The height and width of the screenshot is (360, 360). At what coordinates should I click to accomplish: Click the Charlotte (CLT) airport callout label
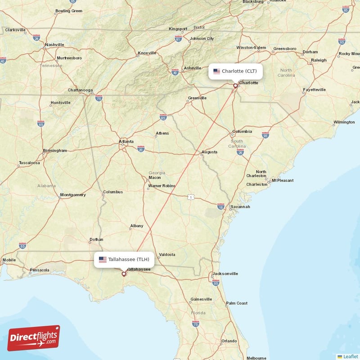pos(235,71)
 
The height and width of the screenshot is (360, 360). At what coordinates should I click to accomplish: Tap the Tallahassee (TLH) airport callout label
pos(125,260)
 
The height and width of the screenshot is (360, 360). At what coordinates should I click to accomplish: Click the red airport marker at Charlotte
pos(235,85)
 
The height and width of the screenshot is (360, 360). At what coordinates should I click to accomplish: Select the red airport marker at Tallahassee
pos(124,273)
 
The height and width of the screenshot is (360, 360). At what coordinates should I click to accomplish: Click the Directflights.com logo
pos(34,338)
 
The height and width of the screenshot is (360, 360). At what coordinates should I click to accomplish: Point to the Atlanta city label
pos(126,141)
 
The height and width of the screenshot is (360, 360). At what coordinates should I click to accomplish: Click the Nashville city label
pos(54,45)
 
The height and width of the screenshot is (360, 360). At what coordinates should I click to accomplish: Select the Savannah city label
pos(240,207)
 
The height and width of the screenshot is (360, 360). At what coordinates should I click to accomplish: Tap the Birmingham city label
pos(55,150)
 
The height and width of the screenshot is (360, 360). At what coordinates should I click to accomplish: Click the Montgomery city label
pos(72,195)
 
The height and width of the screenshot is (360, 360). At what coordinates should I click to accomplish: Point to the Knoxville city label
pos(147,53)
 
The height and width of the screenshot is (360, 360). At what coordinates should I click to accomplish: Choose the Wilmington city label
pos(344,122)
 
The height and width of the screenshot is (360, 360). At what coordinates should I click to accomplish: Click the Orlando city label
pos(229,341)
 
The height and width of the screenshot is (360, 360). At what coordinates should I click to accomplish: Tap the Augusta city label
pos(209,152)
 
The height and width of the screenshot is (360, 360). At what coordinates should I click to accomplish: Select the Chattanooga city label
pos(80,90)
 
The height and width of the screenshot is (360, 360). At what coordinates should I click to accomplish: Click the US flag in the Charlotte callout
pos(216,71)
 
